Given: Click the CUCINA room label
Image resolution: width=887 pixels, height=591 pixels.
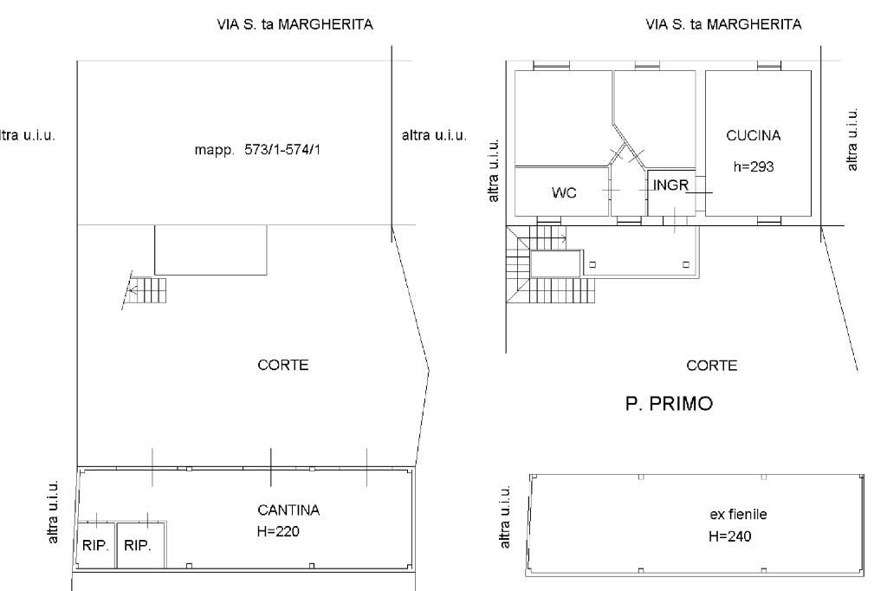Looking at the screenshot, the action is (753, 136).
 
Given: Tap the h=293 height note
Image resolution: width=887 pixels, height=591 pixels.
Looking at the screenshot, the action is (753, 167).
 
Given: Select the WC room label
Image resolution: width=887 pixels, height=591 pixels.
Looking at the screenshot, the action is (564, 193).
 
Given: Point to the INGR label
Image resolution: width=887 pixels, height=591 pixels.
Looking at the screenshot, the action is (671, 185).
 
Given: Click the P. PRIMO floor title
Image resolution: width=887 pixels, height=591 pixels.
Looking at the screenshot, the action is (670, 404).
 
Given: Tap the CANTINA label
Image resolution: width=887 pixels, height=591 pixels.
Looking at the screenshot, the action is (288, 510).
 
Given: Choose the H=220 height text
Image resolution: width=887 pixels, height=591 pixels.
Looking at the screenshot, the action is (278, 531).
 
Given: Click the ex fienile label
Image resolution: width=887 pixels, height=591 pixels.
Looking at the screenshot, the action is (738, 515).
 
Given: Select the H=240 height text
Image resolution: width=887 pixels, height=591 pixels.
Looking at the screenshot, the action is (729, 536).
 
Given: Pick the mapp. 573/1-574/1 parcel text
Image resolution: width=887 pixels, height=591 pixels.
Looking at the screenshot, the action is (257, 150).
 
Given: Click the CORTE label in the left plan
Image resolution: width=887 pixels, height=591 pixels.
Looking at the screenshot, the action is (283, 365).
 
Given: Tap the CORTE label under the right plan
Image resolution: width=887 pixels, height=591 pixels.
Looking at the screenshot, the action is (712, 366).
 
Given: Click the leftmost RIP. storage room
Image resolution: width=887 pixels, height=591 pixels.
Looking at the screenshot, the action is (96, 546).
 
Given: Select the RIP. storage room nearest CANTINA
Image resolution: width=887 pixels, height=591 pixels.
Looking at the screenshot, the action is (141, 546).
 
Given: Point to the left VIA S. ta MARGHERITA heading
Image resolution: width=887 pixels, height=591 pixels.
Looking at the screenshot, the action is (295, 25).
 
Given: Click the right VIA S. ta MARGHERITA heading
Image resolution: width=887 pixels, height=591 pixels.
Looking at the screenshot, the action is (723, 25).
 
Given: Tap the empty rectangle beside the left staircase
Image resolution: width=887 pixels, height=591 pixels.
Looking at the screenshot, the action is (210, 250).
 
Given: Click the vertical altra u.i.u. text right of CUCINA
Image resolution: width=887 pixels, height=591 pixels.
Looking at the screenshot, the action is (852, 139).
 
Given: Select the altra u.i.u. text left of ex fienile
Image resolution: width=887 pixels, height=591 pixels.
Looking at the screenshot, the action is (505, 516).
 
